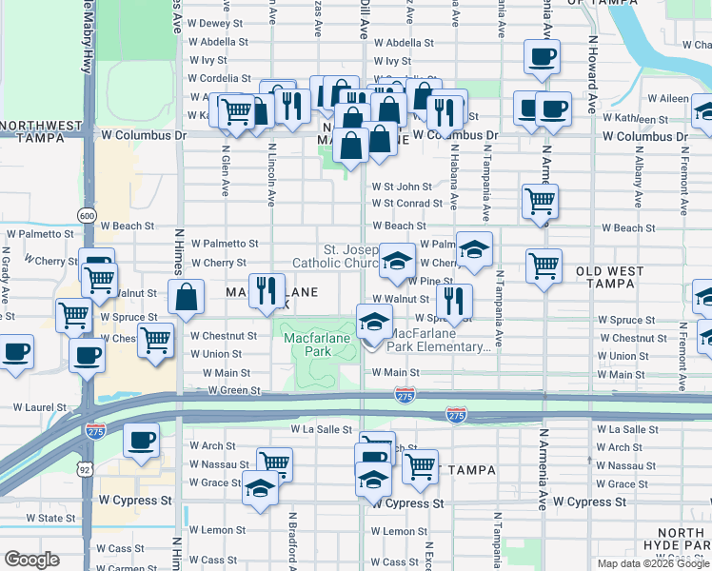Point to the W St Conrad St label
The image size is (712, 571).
pyautogui.click(x=407, y=203)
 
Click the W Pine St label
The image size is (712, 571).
pyautogui.click(x=431, y=281)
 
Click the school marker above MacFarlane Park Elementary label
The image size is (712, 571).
pyautogui.click(x=374, y=322)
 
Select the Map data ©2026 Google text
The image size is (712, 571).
pyautogui.click(x=653, y=563)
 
